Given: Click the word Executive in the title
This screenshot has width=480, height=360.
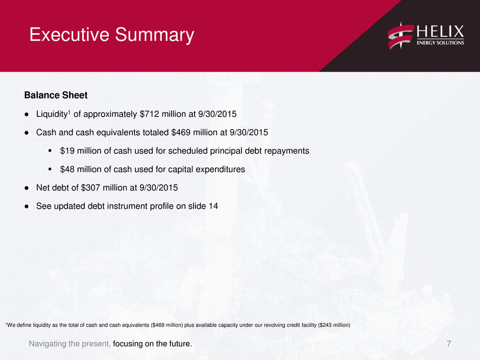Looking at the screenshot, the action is click(69, 34).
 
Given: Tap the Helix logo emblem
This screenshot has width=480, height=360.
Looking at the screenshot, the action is click(401, 36).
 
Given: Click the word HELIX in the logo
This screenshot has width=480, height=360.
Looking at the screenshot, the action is click(440, 32).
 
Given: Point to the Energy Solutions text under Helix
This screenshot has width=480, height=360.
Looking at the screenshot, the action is click(440, 43).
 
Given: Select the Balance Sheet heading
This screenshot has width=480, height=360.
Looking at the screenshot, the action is click(56, 95).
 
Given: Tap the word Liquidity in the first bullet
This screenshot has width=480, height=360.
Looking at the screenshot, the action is click(52, 114).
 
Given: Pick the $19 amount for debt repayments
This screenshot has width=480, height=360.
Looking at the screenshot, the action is click(67, 151).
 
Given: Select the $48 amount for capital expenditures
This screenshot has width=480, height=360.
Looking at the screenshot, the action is click(67, 170).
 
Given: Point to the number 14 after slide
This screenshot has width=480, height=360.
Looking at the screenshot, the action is click(213, 206).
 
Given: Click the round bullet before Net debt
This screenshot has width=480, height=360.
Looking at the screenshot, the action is click(27, 188).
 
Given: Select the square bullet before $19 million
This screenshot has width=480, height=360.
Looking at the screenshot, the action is click(50, 151).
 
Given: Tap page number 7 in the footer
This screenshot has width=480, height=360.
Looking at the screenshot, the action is click(449, 344).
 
